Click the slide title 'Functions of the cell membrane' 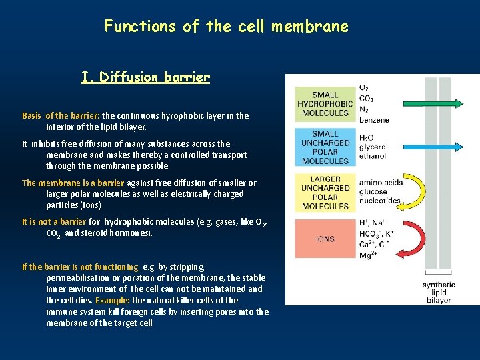[x=226, y=27]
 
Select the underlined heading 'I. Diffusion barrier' [x=145, y=77]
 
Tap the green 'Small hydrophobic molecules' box [x=325, y=104]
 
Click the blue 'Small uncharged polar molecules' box [x=325, y=147]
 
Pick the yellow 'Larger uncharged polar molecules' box [x=325, y=193]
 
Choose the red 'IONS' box [x=325, y=239]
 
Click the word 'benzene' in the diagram [x=374, y=120]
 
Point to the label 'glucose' [x=374, y=193]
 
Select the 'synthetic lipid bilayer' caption [x=439, y=292]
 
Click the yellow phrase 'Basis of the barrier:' [x=61, y=115]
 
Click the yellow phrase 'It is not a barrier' [x=54, y=222]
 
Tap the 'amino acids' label [x=380, y=183]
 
